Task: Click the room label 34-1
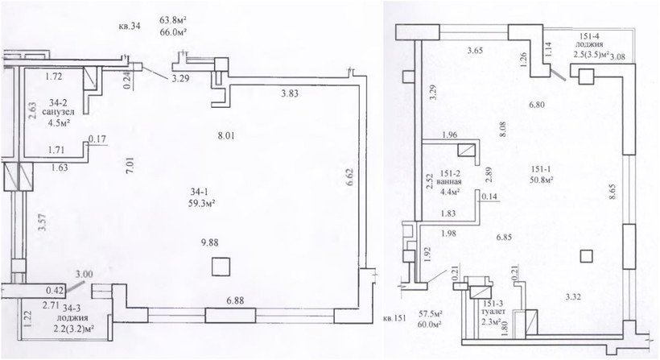[x=197, y=192]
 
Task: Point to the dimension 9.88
[x=209, y=242]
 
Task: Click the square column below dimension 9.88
[x=221, y=267]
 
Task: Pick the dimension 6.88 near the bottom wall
[x=235, y=301]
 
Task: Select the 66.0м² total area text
[x=173, y=32]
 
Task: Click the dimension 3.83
[x=290, y=93]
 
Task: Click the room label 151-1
[x=538, y=169]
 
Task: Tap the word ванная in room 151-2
[x=450, y=182]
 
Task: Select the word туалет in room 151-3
[x=493, y=312]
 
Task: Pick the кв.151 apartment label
[x=396, y=318]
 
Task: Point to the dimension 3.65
[x=475, y=51]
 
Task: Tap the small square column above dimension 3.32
[x=586, y=255]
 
